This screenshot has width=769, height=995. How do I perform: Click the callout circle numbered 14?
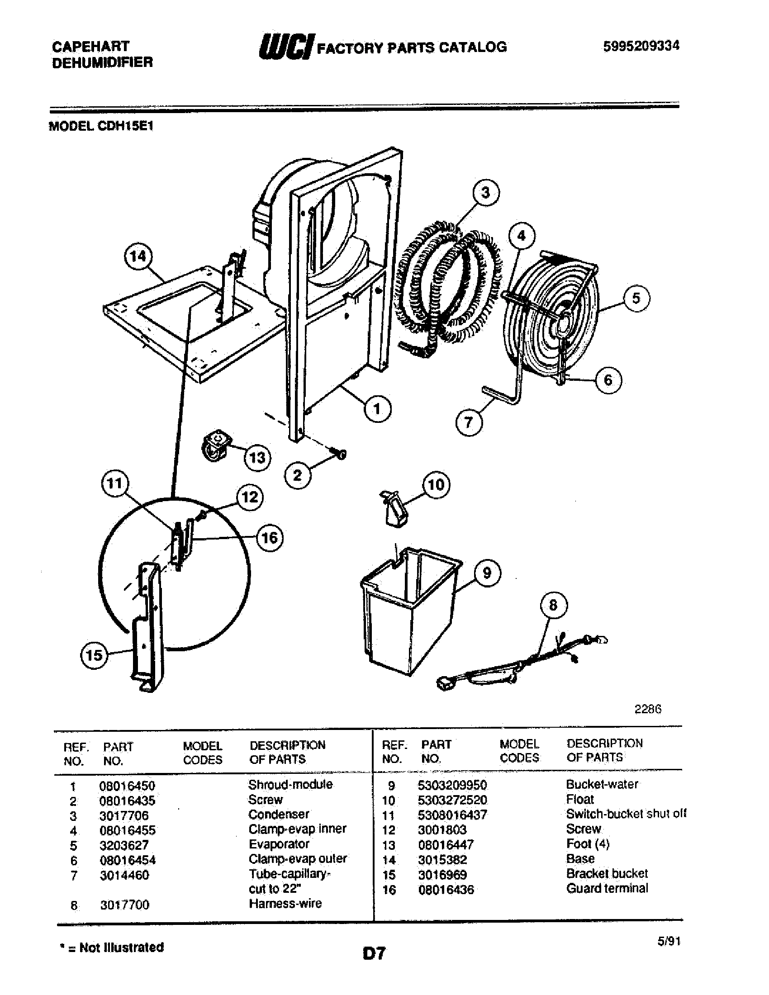coord(138,256)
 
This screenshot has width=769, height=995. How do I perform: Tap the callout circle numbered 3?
coord(486,193)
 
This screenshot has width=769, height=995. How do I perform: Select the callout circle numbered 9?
coord(487,573)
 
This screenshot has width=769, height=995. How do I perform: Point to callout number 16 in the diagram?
coord(269,538)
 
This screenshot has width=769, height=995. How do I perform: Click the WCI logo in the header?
coord(285,47)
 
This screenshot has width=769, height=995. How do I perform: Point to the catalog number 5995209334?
coord(641,46)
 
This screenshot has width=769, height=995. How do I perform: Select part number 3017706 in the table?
coord(124,815)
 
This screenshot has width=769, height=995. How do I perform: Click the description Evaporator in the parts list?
coord(279,844)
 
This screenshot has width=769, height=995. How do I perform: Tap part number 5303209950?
coord(452,786)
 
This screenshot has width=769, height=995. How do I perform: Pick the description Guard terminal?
coord(607,888)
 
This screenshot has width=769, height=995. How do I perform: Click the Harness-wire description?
coord(285,904)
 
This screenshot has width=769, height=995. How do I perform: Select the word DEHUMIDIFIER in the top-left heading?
coord(103,62)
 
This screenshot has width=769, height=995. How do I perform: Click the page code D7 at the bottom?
coord(375,953)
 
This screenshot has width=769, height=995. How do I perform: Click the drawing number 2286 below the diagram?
coord(648,709)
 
